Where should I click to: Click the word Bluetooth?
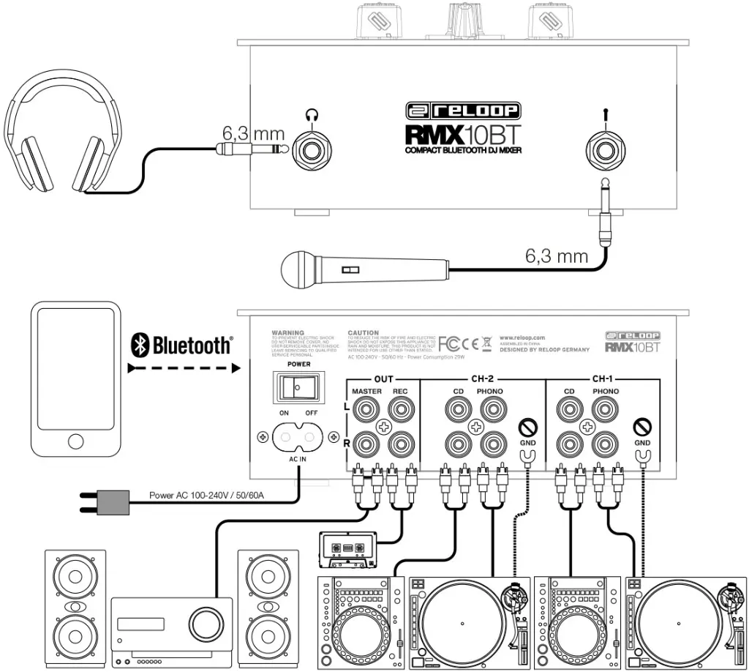192,344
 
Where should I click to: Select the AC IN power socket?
297,438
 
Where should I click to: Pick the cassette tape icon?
348,548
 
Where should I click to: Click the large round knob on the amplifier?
204,624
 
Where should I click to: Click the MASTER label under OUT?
366,392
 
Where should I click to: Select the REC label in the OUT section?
400,392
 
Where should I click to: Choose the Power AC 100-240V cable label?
207,496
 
